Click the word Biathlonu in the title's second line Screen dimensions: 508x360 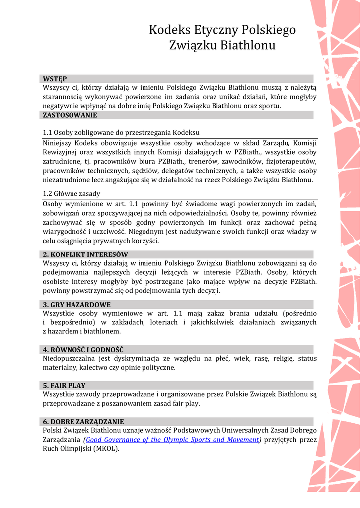pyautogui.click(x=248, y=46)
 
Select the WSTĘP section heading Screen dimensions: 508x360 pyautogui.click(x=55, y=79)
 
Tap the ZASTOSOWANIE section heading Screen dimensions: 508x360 pyautogui.click(x=70, y=115)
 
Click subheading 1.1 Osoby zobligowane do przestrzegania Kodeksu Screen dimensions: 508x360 pyautogui.click(x=121, y=133)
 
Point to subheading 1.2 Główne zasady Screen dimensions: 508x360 pyautogui.click(x=72, y=194)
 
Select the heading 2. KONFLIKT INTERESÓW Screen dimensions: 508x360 pyautogui.click(x=85, y=254)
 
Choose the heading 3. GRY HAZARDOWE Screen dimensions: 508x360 pyautogui.click(x=76, y=305)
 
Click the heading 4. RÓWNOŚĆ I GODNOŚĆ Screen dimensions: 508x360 pyautogui.click(x=83, y=350)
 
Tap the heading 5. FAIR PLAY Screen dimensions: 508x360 pyautogui.click(x=64, y=385)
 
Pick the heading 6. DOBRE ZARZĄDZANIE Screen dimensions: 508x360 pyautogui.click(x=83, y=422)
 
